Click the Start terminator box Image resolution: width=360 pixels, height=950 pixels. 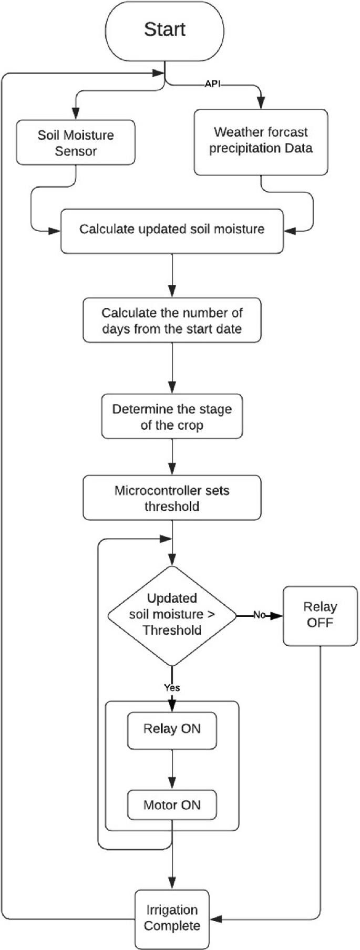click(x=164, y=30)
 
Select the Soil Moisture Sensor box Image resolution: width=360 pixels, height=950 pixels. click(x=76, y=143)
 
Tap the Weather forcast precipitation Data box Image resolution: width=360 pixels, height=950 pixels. click(x=261, y=142)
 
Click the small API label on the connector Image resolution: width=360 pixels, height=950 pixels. click(x=212, y=84)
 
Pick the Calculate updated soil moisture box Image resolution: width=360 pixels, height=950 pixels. click(x=172, y=230)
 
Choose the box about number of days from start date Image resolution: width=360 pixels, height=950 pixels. click(x=172, y=321)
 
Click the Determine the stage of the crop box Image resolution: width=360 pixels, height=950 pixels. click(x=172, y=417)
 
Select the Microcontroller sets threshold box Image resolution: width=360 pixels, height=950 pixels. click(x=172, y=498)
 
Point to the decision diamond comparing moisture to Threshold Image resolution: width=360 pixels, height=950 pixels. click(x=172, y=615)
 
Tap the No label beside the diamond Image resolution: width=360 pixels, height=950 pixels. click(x=259, y=615)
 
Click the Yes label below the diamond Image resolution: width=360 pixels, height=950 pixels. click(x=172, y=687)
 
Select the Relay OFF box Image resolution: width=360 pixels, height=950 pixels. click(x=320, y=616)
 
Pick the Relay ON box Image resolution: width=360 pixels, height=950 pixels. click(x=172, y=730)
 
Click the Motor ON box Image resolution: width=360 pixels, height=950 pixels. click(x=172, y=805)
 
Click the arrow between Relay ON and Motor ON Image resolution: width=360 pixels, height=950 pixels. click(x=172, y=769)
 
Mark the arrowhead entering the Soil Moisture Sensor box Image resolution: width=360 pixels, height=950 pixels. click(x=76, y=114)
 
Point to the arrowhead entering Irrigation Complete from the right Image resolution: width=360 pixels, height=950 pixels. click(x=215, y=919)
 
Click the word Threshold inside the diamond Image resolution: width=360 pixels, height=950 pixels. click(x=172, y=630)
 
